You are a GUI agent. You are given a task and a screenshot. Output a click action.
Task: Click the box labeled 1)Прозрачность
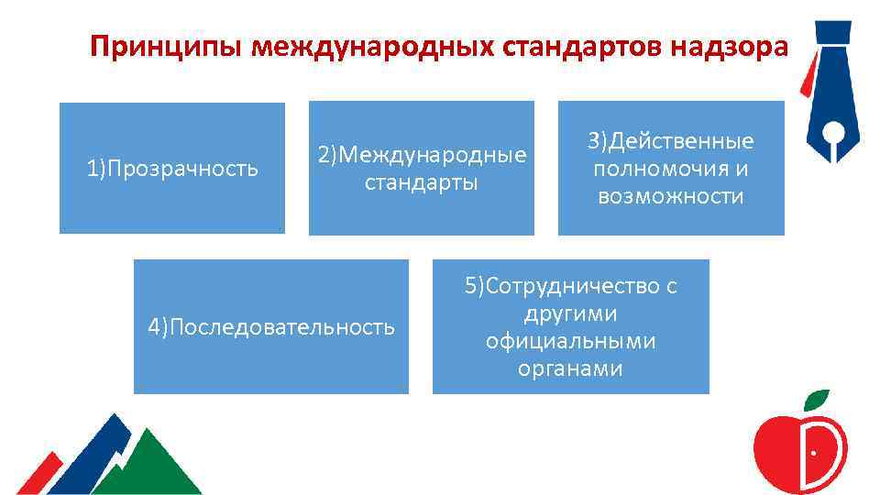[x=171, y=169]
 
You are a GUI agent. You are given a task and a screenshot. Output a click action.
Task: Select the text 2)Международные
[x=422, y=155]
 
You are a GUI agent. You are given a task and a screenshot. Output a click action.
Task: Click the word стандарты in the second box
[x=422, y=181]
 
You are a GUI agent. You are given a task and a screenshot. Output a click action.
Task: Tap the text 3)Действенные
[x=671, y=141]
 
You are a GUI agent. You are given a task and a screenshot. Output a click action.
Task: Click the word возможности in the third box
[x=671, y=196]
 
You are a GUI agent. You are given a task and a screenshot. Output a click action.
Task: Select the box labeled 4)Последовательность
[x=271, y=327]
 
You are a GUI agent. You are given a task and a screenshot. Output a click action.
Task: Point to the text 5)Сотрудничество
[x=570, y=287]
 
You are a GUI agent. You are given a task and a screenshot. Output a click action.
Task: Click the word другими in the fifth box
[x=570, y=314]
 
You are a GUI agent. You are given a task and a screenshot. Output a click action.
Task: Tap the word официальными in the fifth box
[x=570, y=341]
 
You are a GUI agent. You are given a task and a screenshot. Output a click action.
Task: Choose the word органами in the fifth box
[x=570, y=368]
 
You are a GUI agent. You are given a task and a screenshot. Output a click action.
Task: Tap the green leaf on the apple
[x=816, y=400]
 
